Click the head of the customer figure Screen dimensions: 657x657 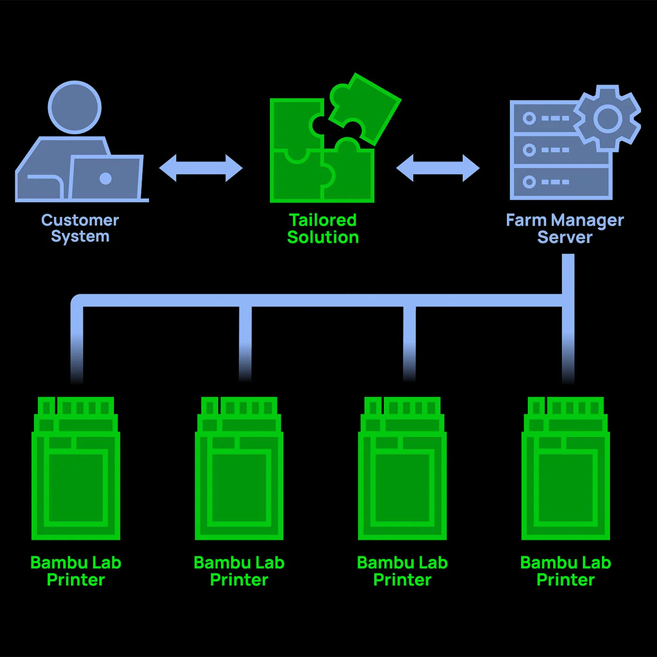(x=75, y=107)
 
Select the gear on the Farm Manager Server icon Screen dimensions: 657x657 (x=608, y=118)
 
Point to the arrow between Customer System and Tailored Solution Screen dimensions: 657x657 (x=201, y=168)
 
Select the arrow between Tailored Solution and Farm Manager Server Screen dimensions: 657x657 (x=438, y=168)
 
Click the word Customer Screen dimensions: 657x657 (x=80, y=220)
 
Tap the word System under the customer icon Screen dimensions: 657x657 (x=80, y=237)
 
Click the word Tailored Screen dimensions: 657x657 (x=322, y=220)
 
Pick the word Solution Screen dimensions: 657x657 (x=322, y=237)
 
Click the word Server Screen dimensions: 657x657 (x=565, y=237)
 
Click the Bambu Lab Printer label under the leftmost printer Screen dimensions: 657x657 (x=76, y=571)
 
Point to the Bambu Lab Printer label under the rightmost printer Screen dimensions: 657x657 (x=565, y=571)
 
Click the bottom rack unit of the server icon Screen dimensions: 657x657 (x=561, y=182)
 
